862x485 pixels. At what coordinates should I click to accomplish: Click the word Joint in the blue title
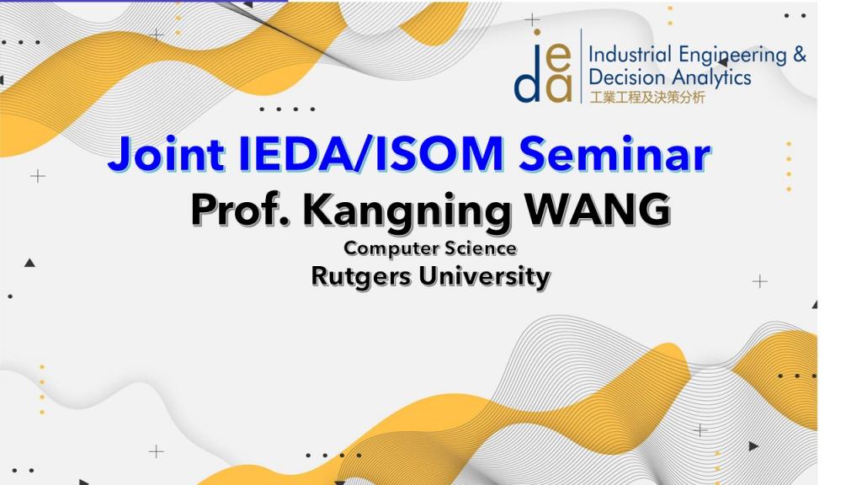click(166, 154)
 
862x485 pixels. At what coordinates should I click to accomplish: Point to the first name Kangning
click(407, 211)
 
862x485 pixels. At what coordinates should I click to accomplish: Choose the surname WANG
click(598, 209)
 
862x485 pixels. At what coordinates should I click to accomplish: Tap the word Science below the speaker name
click(481, 248)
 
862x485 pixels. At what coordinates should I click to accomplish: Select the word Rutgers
click(361, 276)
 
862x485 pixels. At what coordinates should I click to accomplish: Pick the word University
click(484, 276)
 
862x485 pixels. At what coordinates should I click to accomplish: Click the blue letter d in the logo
click(527, 82)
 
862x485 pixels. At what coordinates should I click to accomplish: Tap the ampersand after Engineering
click(800, 55)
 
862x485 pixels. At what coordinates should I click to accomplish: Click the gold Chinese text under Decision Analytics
click(647, 98)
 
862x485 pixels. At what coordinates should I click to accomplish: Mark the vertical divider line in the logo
click(581, 66)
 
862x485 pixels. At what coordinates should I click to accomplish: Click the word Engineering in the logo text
click(732, 56)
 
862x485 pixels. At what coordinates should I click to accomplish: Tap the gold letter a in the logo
click(559, 89)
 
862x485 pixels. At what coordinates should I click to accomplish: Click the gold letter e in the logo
click(559, 59)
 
